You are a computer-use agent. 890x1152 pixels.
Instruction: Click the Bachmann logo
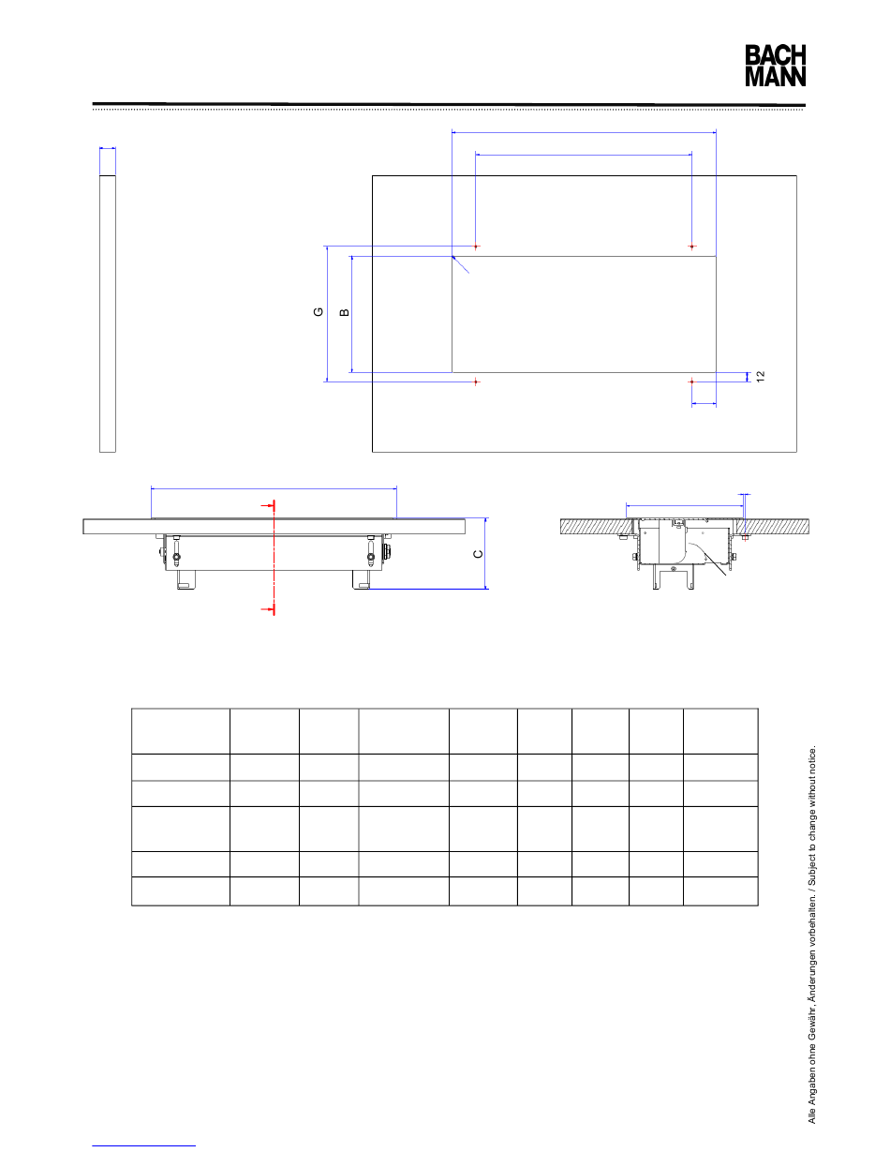tap(775, 66)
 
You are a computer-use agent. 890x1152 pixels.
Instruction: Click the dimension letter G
tap(319, 312)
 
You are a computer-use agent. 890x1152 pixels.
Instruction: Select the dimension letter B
tap(345, 312)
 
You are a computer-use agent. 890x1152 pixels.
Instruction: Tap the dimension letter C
tap(478, 554)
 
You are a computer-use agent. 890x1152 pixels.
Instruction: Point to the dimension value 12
tap(761, 377)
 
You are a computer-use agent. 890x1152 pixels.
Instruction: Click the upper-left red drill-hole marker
tap(476, 247)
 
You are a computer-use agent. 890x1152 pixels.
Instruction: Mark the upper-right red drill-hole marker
tap(692, 247)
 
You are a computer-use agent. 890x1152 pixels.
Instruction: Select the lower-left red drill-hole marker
tap(476, 382)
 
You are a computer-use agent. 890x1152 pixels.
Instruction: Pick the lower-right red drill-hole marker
tap(692, 382)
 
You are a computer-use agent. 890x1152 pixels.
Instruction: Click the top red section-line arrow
tap(268, 506)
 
